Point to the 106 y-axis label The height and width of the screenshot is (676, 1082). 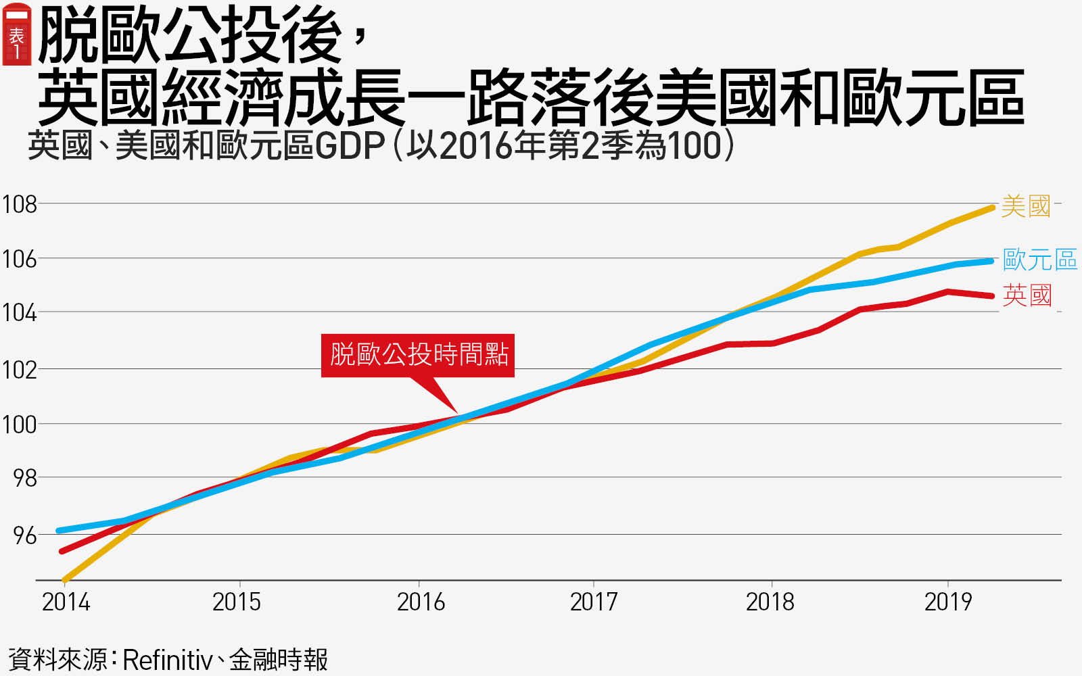pos(19,259)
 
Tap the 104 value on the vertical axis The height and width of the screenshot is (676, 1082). pos(19,313)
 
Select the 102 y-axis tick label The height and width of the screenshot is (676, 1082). pos(19,370)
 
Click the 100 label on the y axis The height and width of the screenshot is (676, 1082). pos(19,425)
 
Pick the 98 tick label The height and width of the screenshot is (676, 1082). pos(25,479)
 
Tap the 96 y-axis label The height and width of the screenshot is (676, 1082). pos(25,535)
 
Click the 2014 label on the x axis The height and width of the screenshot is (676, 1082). pos(66,602)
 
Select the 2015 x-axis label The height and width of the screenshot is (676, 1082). pos(237,602)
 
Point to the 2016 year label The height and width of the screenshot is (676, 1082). pos(421,602)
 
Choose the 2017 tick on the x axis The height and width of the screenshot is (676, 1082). pos(594,602)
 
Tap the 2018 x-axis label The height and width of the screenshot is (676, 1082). pos(770,602)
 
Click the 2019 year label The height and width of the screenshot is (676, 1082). pos(947,602)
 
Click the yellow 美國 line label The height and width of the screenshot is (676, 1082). pos(1025,206)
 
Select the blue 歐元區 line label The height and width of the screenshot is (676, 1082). pos(1039,260)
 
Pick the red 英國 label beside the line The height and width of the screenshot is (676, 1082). pos(1027,295)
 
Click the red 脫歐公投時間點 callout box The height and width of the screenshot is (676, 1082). pos(418,355)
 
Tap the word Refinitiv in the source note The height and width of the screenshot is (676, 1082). pos(167,660)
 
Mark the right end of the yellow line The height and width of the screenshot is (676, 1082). pos(992,208)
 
